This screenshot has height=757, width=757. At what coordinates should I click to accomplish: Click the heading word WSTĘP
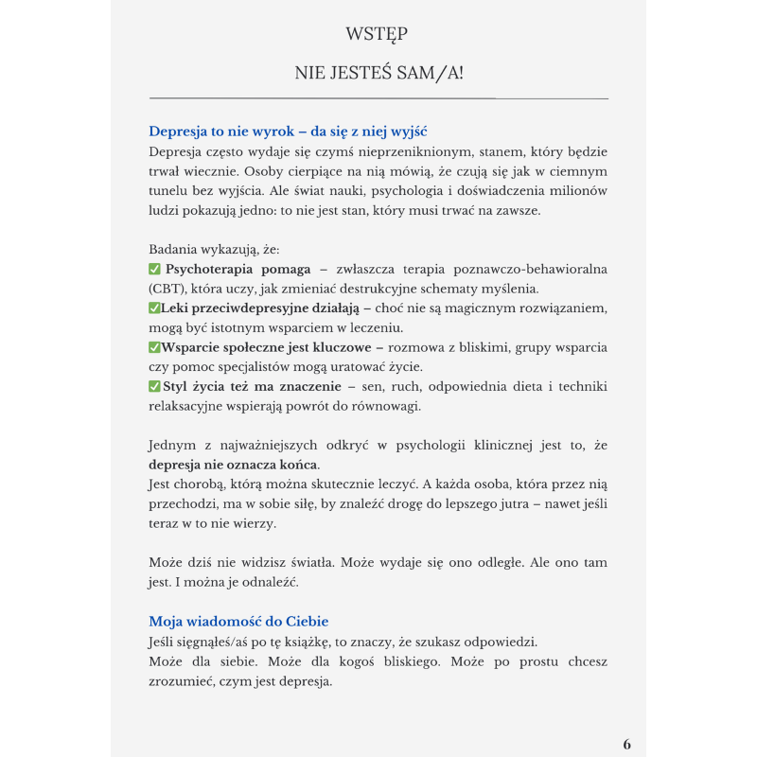coord(378,34)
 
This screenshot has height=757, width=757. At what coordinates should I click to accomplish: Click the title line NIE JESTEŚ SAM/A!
coord(378,72)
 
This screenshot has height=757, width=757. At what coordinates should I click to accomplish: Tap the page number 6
coord(626,744)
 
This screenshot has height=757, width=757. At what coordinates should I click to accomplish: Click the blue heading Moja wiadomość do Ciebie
coord(238,622)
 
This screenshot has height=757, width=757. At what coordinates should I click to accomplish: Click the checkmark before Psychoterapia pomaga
coord(155,270)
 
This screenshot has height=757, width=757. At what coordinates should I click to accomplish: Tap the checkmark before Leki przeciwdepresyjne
coord(154,308)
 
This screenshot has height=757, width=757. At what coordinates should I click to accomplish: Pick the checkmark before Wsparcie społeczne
coord(154,347)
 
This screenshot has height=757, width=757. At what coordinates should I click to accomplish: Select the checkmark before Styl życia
coord(155,386)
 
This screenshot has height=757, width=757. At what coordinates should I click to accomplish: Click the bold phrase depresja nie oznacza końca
coord(234,465)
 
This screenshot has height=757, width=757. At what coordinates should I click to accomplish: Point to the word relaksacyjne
coord(191,406)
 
